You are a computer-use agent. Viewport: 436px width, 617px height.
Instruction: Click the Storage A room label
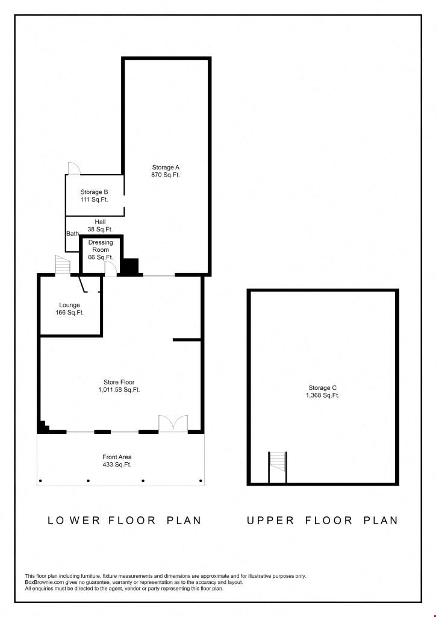166,168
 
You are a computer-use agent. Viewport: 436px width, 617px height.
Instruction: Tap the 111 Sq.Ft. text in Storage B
95,199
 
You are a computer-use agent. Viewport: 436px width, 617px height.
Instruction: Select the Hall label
100,222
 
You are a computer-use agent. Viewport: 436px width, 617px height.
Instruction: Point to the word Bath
73,234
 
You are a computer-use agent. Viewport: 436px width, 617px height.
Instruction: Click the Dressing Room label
101,246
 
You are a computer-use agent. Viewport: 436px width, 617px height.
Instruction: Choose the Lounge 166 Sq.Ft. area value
70,313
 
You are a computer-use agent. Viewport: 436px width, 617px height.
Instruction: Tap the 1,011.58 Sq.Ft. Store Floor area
119,390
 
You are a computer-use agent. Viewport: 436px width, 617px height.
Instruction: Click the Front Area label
117,457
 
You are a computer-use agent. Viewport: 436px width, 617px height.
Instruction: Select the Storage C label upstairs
322,388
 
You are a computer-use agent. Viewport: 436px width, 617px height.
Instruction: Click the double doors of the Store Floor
173,423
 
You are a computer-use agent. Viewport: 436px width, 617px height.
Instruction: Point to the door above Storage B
74,169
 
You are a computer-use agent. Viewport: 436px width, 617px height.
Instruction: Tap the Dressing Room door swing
111,269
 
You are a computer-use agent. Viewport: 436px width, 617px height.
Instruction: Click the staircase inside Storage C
278,467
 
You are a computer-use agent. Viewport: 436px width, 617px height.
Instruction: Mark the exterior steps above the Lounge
63,265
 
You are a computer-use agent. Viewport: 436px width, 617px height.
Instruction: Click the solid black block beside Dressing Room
129,266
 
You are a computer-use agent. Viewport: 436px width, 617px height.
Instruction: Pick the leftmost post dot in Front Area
40,480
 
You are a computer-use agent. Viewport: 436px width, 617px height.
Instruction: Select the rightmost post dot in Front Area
201,480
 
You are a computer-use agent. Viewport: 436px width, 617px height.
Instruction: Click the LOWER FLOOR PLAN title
124,520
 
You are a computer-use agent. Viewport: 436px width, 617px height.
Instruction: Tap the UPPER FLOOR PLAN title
322,520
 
